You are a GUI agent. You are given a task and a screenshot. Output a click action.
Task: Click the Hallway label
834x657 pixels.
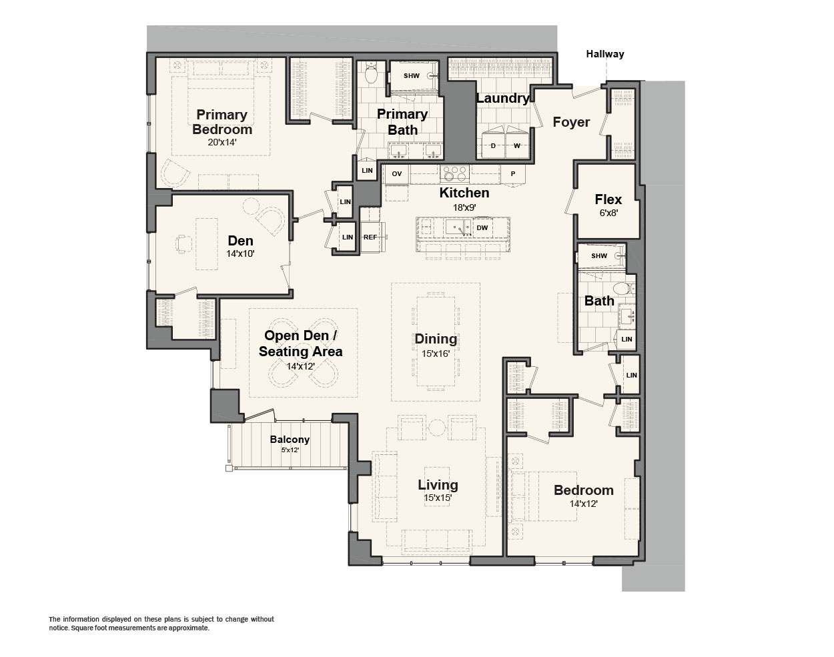[604, 54]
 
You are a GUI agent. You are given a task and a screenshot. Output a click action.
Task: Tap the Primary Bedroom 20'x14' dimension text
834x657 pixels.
[222, 142]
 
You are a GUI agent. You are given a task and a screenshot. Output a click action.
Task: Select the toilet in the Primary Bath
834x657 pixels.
[371, 73]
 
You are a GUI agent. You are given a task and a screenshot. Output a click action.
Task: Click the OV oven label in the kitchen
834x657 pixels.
[396, 174]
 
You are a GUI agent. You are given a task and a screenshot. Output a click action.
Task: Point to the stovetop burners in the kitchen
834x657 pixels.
[454, 174]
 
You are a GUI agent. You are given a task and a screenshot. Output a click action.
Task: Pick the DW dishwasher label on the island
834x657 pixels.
[482, 227]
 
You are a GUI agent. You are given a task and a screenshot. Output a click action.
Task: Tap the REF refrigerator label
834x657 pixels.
[370, 237]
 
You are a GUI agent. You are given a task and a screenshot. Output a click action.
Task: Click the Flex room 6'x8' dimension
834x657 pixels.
[608, 213]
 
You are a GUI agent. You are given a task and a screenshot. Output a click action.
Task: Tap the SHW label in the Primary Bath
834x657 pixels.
[411, 76]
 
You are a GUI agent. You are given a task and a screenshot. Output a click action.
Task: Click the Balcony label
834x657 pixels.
[290, 440]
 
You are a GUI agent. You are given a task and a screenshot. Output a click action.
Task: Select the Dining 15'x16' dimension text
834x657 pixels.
[436, 354]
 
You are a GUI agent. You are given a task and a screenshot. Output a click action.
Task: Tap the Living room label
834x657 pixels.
[438, 485]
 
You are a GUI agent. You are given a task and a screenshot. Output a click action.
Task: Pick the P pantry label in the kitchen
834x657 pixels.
[512, 174]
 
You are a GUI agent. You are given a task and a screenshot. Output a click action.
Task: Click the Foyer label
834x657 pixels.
[571, 122]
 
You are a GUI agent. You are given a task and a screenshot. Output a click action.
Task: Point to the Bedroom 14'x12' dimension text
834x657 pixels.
[584, 504]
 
